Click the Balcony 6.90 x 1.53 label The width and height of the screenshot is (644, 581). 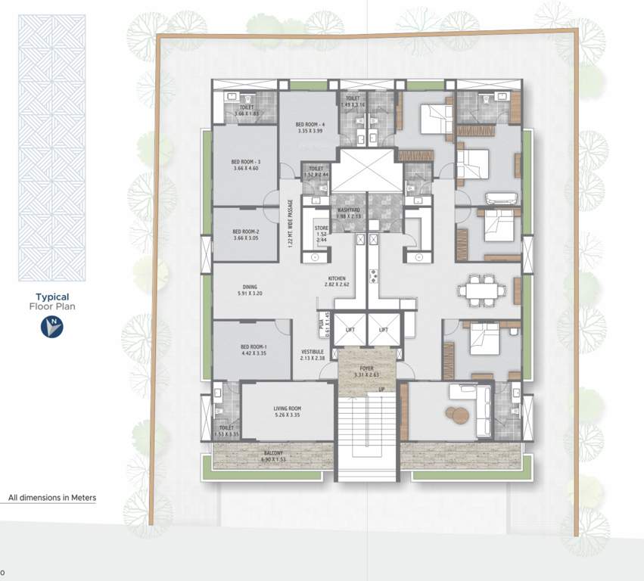[x=272, y=456]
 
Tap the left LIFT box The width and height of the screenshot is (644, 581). [x=350, y=330]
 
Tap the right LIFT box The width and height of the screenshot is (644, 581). [x=384, y=330]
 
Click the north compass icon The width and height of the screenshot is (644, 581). [x=52, y=326]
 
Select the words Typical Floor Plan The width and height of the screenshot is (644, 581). [x=52, y=302]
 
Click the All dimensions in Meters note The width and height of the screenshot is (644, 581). [x=52, y=498]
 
